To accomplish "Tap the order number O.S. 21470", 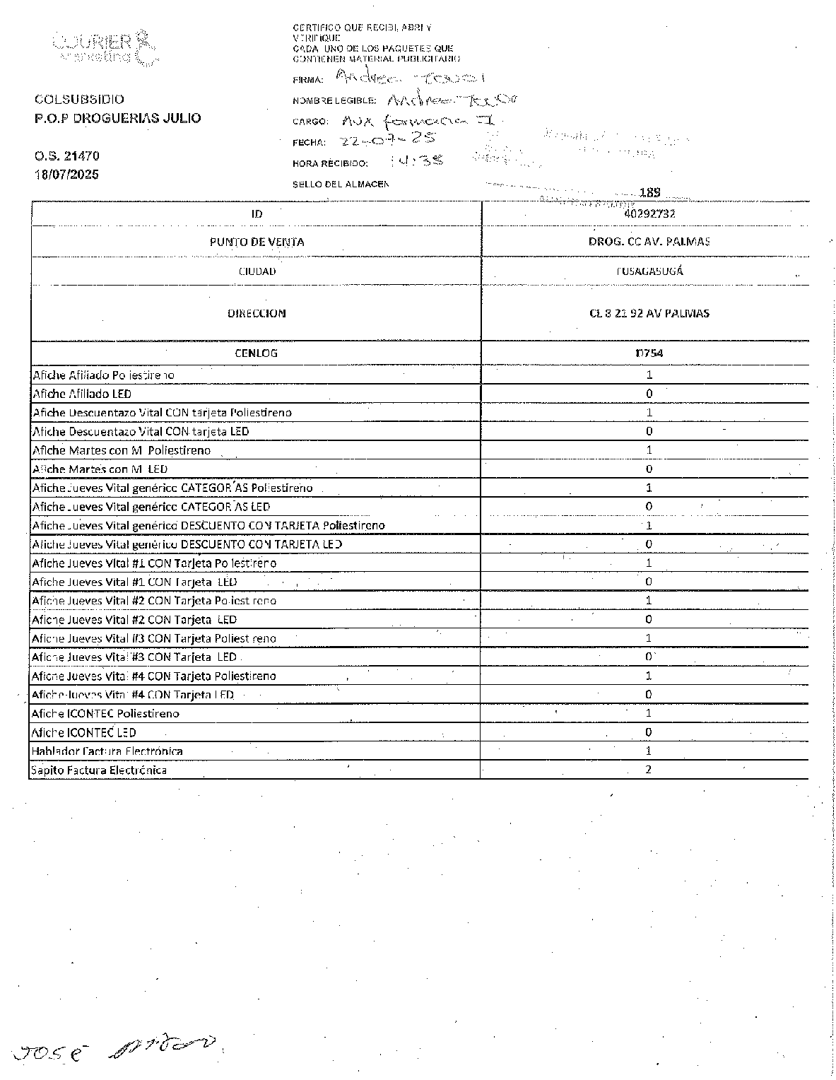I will click(67, 156).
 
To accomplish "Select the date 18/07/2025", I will click(67, 175).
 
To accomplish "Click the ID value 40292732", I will click(644, 213).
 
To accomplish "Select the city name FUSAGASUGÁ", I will click(649, 271).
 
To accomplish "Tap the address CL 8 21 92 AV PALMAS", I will click(649, 313).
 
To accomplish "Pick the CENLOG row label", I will click(256, 353).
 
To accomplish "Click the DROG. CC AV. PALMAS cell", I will click(649, 241).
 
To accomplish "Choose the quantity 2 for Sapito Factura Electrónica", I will click(649, 769).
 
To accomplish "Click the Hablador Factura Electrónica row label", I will click(107, 751).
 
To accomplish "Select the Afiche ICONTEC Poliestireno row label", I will click(106, 713).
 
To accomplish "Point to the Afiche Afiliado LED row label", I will click(82, 394).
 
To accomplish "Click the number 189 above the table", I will click(649, 192).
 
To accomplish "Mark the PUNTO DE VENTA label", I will click(257, 242).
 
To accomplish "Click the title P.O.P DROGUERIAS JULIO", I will click(117, 118).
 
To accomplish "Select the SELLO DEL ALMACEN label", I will click(341, 184).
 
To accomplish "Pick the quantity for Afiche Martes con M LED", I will click(649, 469).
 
